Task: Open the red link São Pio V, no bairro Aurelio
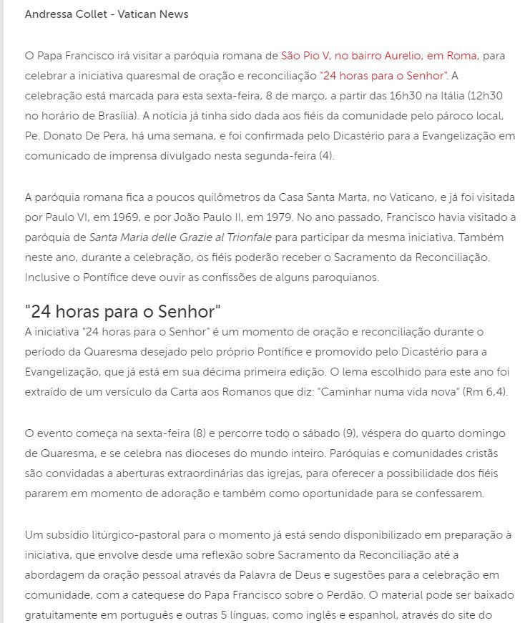point(379,55)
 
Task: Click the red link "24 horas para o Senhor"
point(384,75)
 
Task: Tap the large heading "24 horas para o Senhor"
point(122,311)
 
